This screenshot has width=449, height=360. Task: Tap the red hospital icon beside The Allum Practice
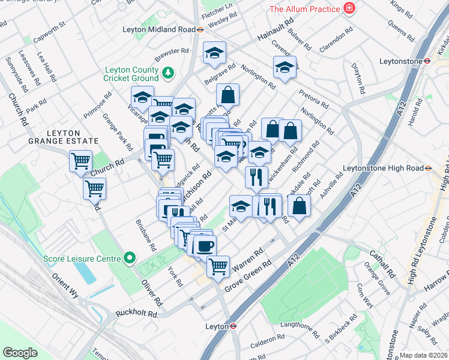(349, 8)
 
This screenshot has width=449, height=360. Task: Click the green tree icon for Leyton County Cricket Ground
(169, 73)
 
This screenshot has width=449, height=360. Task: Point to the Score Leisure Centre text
(82, 259)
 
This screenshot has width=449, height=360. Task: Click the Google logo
(20, 353)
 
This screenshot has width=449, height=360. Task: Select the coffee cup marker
(205, 245)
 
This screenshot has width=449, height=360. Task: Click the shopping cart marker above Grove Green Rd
(218, 266)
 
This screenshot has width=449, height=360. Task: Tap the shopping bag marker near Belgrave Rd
(228, 94)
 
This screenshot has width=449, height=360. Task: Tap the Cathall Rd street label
(382, 263)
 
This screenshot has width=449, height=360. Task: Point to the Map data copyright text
(423, 355)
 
